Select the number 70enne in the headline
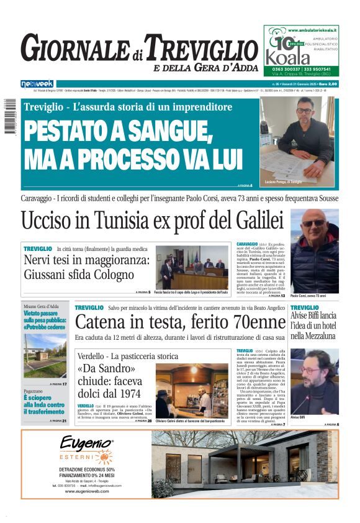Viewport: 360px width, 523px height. tap(254, 322)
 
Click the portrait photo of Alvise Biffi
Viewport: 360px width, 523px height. tap(314, 383)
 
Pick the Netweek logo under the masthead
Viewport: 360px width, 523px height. tap(37, 83)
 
